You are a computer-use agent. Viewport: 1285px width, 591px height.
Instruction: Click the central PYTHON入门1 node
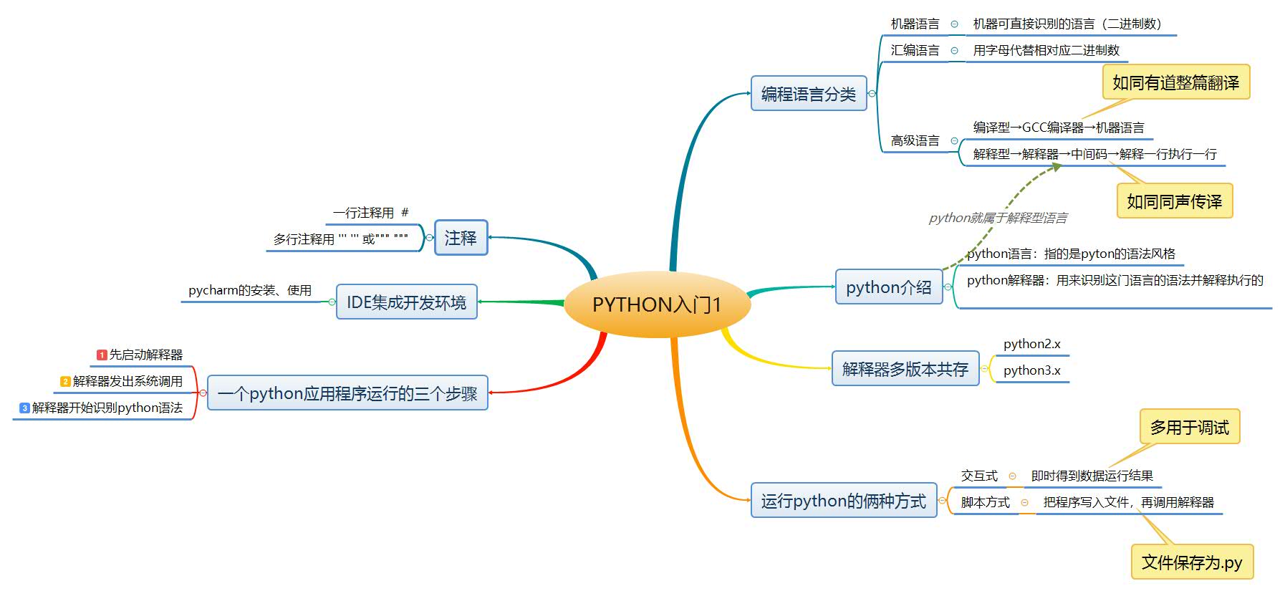click(x=657, y=304)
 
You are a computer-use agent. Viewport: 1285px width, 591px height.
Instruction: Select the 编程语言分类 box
click(x=808, y=94)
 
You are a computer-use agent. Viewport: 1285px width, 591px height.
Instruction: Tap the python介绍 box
click(x=888, y=287)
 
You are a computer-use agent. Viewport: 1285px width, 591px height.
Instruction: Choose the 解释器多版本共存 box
click(x=905, y=369)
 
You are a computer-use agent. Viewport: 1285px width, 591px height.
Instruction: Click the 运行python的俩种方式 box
click(x=843, y=501)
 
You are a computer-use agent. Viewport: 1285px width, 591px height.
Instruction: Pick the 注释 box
click(x=461, y=238)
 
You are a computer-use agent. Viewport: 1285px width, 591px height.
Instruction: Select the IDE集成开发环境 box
click(x=406, y=302)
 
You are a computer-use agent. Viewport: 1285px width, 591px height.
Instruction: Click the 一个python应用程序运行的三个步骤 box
click(x=347, y=393)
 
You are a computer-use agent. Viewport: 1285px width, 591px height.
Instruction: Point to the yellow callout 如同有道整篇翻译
click(x=1175, y=82)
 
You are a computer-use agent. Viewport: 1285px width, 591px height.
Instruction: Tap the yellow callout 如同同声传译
click(x=1174, y=201)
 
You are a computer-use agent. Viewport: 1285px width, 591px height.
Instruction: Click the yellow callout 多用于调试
click(x=1189, y=428)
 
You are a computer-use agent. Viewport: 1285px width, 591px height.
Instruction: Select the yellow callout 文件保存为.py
click(x=1192, y=562)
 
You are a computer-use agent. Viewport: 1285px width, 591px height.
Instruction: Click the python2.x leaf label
click(x=1031, y=344)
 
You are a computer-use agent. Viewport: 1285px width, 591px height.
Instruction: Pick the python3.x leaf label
click(x=1031, y=370)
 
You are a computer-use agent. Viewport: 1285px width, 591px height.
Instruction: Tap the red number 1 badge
click(x=102, y=355)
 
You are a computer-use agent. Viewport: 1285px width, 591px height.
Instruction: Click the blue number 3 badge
click(x=24, y=408)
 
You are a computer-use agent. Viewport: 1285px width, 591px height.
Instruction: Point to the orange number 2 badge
click(x=65, y=381)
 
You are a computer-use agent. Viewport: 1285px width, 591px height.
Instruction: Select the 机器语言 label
click(x=915, y=24)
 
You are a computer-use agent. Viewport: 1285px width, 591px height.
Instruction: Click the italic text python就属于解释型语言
click(x=998, y=218)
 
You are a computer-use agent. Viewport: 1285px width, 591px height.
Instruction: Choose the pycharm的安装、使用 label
click(x=250, y=290)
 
